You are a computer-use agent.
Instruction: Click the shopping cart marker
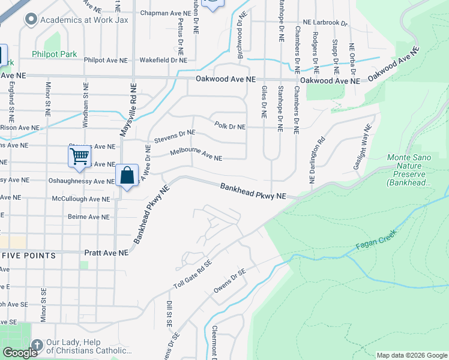click(x=79, y=157)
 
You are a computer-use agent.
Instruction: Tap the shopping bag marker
click(x=127, y=176)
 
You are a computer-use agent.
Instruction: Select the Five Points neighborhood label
click(x=29, y=256)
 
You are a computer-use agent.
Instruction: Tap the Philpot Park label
click(x=55, y=54)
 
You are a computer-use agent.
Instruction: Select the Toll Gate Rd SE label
click(x=193, y=274)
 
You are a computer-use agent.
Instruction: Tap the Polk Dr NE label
click(x=230, y=127)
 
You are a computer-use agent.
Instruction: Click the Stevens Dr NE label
click(x=175, y=136)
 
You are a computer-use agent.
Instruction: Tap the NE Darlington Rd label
click(x=316, y=160)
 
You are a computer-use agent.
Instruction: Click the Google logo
click(x=20, y=352)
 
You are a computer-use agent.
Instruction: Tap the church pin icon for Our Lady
click(x=37, y=346)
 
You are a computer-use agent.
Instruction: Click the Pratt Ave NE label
click(x=106, y=253)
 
